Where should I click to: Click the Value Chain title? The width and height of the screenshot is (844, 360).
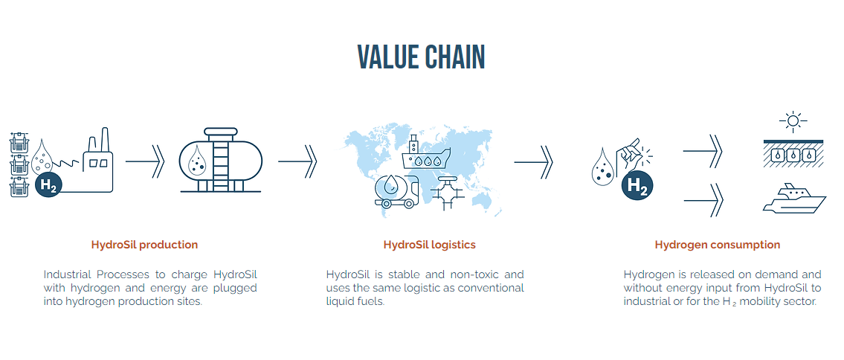pyautogui.click(x=421, y=57)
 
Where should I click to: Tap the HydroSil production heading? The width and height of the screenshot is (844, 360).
pyautogui.click(x=144, y=245)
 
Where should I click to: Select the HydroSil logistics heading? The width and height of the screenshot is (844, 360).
pyautogui.click(x=429, y=245)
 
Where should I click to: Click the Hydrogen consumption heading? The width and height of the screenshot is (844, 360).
pyautogui.click(x=717, y=245)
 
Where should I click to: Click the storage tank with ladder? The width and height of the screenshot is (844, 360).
pyautogui.click(x=221, y=161)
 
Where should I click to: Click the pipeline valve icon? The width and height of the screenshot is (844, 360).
pyautogui.click(x=447, y=195)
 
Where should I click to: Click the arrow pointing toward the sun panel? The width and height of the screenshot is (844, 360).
pyautogui.click(x=703, y=150)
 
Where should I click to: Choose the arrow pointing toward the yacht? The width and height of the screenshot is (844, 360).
pyautogui.click(x=703, y=199)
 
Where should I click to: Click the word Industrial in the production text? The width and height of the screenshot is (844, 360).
pyautogui.click(x=69, y=274)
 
